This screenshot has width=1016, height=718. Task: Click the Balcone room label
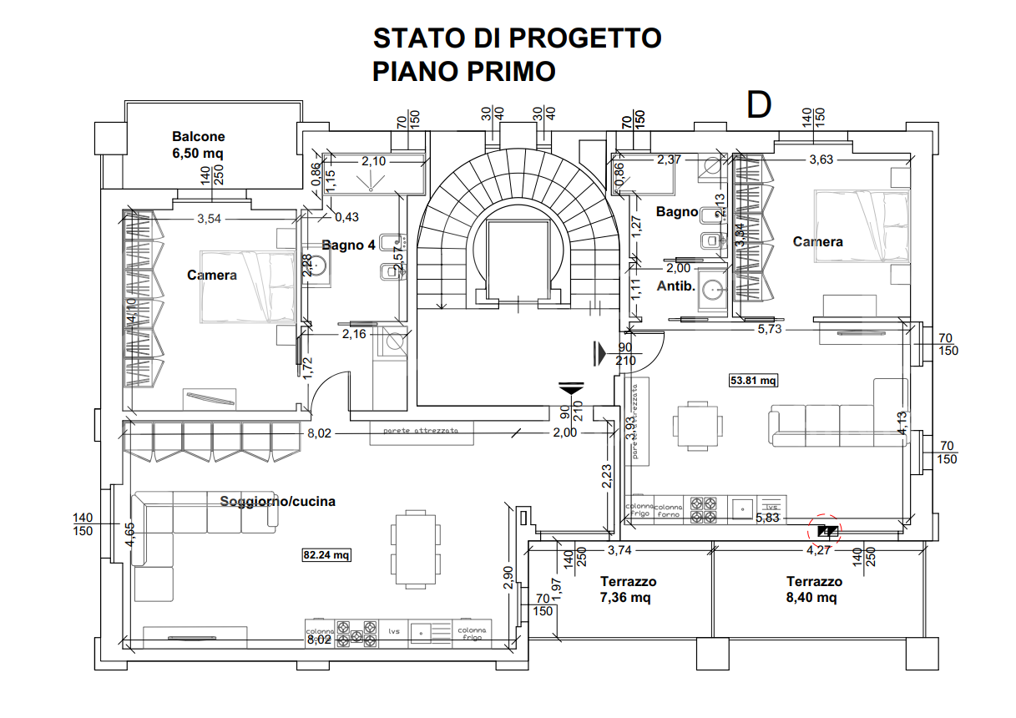pos(199,136)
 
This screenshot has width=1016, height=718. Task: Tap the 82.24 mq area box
pos(326,554)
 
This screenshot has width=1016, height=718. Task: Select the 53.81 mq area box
pos(753,381)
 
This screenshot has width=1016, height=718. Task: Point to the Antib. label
pos(676,285)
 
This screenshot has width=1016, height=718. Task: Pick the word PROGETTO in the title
pos(584,38)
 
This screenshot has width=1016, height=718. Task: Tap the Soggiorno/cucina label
pos(278,501)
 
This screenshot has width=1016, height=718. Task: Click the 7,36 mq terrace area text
pos(625,598)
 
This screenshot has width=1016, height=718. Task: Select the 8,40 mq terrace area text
pos(812,598)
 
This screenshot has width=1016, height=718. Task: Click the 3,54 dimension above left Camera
pos(210,220)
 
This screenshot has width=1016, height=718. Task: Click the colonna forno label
pos(668,510)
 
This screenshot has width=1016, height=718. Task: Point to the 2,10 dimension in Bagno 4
pos(373,162)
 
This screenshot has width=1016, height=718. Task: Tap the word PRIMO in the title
pos(510,72)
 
